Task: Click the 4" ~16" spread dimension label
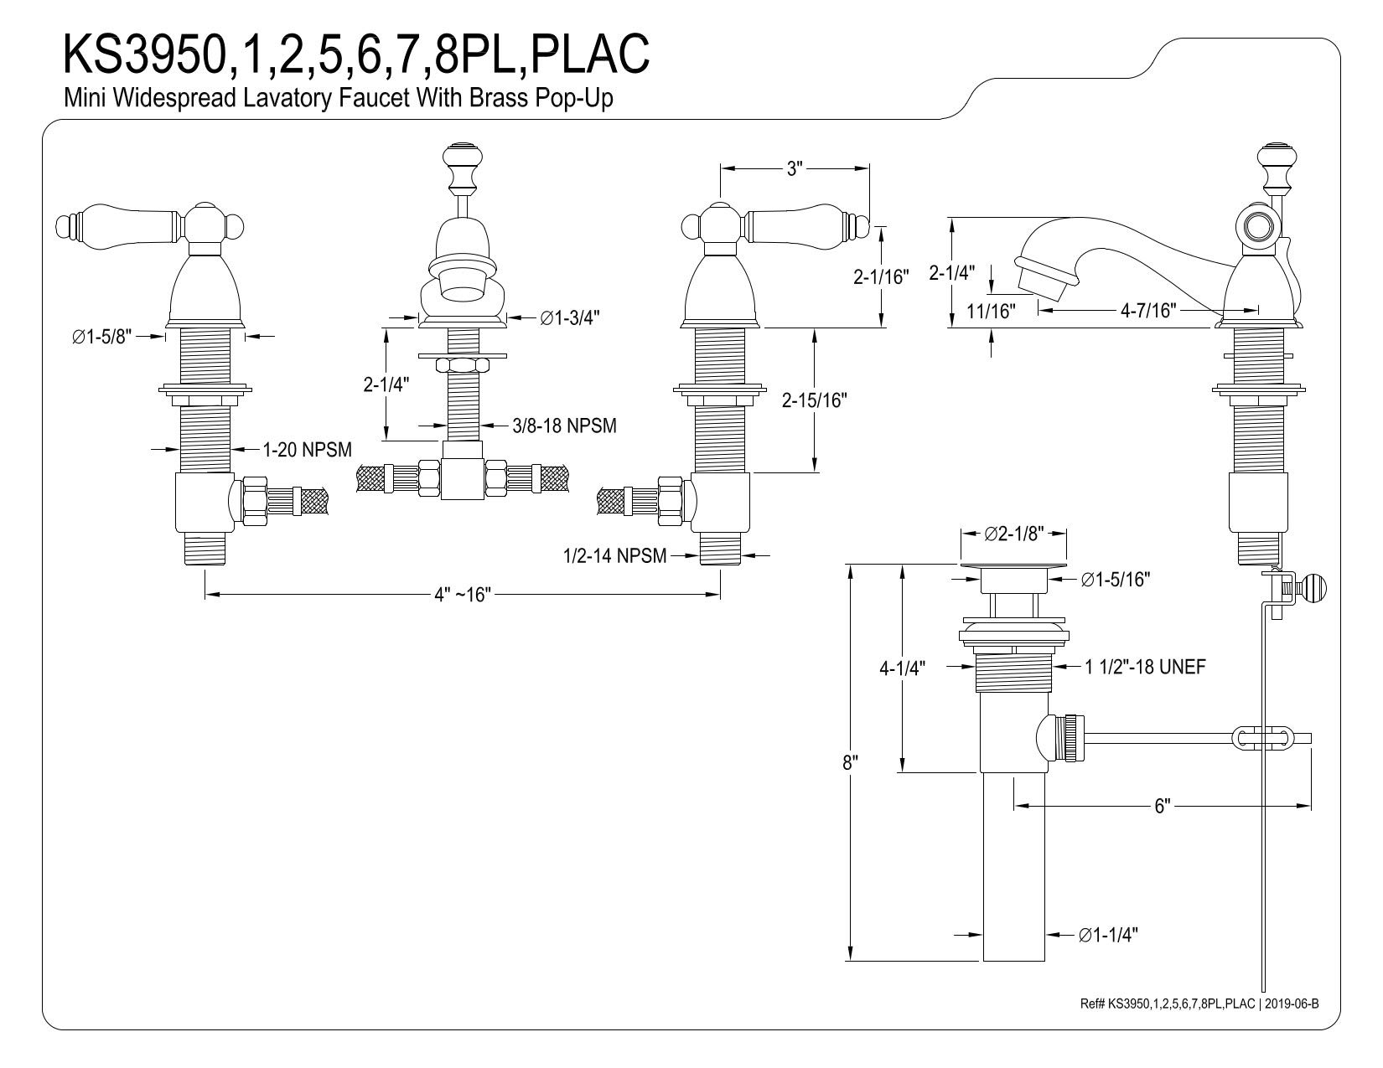[463, 595]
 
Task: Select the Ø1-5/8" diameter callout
[101, 337]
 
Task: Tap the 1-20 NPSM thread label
[307, 450]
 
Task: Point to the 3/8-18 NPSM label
[564, 426]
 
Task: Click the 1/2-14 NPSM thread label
[614, 556]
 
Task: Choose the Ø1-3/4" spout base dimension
[570, 317]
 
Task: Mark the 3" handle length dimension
[795, 168]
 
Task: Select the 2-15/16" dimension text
[815, 400]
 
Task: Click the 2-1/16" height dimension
[881, 276]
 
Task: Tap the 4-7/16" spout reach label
[1148, 310]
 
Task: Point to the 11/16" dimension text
[991, 311]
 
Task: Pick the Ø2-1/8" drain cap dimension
[1014, 533]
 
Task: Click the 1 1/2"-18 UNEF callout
[1145, 667]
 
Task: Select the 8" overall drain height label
[850, 762]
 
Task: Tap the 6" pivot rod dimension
[1163, 806]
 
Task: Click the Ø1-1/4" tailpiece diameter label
[1108, 935]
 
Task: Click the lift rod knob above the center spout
[463, 156]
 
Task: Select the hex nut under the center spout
[463, 365]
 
